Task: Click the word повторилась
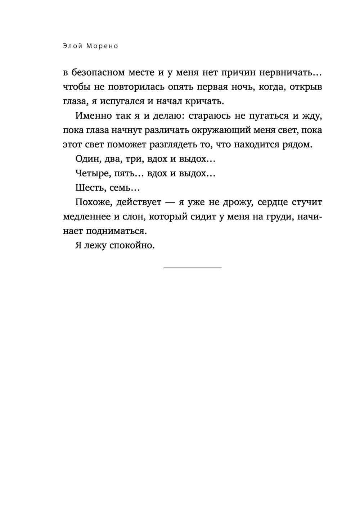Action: (136, 87)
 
